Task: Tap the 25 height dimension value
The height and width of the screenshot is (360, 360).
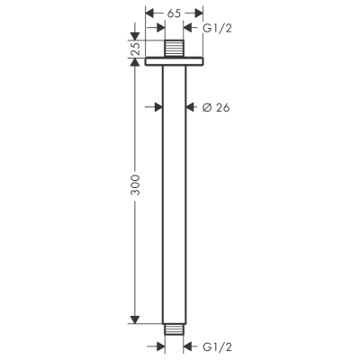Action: click(136, 49)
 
